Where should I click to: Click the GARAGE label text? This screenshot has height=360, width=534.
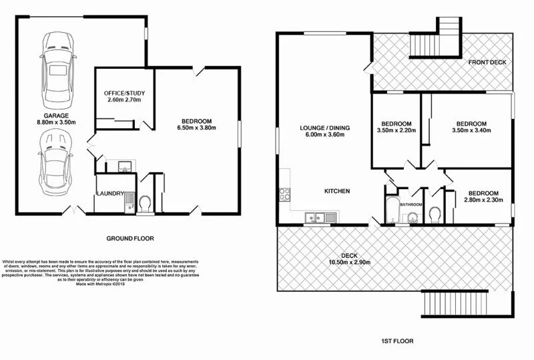click(x=56, y=115)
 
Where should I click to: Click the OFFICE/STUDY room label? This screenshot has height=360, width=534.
click(x=120, y=92)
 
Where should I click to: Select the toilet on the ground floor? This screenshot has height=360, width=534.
click(x=146, y=202)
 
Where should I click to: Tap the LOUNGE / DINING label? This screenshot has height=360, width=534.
click(x=325, y=128)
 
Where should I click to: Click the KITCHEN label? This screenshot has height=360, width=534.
click(x=337, y=191)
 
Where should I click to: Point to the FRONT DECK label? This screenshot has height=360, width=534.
click(x=487, y=62)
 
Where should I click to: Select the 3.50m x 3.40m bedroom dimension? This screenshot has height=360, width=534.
click(x=471, y=131)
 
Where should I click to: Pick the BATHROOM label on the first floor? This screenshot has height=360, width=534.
click(x=411, y=204)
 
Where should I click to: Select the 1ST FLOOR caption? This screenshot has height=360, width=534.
click(x=394, y=341)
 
